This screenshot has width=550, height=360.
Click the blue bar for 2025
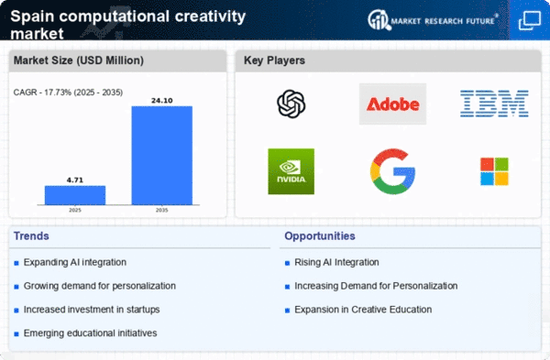75,195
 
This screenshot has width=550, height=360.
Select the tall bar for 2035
162,156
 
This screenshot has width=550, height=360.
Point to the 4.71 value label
75,180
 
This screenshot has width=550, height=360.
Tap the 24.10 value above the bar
162,101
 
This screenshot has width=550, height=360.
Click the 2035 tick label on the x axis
161,211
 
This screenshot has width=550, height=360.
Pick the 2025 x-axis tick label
75,211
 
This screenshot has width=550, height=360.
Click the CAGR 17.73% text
68,93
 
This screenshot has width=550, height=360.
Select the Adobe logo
392,104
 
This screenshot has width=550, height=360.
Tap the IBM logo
494,104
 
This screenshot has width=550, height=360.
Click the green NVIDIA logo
291,171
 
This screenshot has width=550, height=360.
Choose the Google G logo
392,171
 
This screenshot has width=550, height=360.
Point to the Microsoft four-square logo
494,171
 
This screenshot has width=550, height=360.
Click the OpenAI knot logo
291,104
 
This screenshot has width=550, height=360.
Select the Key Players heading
274,60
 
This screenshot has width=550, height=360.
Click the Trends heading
31,236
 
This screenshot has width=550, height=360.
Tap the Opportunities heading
320,236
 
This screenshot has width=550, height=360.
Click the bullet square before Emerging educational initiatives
16,334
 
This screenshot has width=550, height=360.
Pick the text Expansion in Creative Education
363,310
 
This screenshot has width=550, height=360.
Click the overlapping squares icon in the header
530,20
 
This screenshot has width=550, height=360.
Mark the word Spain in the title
32,17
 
